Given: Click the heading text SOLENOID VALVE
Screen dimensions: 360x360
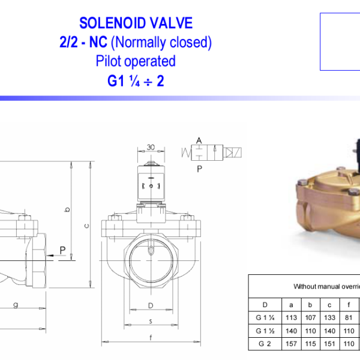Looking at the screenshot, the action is pos(136,23).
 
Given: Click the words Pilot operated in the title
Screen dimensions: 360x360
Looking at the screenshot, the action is pos(136,61).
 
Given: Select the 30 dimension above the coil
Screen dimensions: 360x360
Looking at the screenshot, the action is pos(151,147).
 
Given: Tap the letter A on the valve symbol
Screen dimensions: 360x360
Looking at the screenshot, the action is pos(199,140).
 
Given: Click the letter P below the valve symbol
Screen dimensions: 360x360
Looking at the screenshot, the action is pos(199,169).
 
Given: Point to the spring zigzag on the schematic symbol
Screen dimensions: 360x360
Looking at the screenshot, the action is pos(186,152).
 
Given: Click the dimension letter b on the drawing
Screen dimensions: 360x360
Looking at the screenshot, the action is pos(67,209).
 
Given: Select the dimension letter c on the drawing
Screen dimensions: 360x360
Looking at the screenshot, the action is pos(86,226).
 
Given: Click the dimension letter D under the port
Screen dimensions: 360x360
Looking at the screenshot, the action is pos(151,305).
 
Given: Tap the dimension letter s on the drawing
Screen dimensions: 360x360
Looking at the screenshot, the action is pos(151,321).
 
